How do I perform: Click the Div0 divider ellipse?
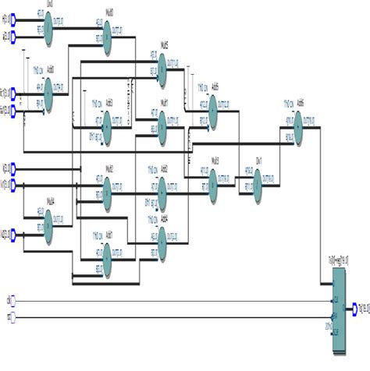tap(48, 30)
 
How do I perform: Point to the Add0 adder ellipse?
tap(48, 96)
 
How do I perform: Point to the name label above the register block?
tap(338, 258)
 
